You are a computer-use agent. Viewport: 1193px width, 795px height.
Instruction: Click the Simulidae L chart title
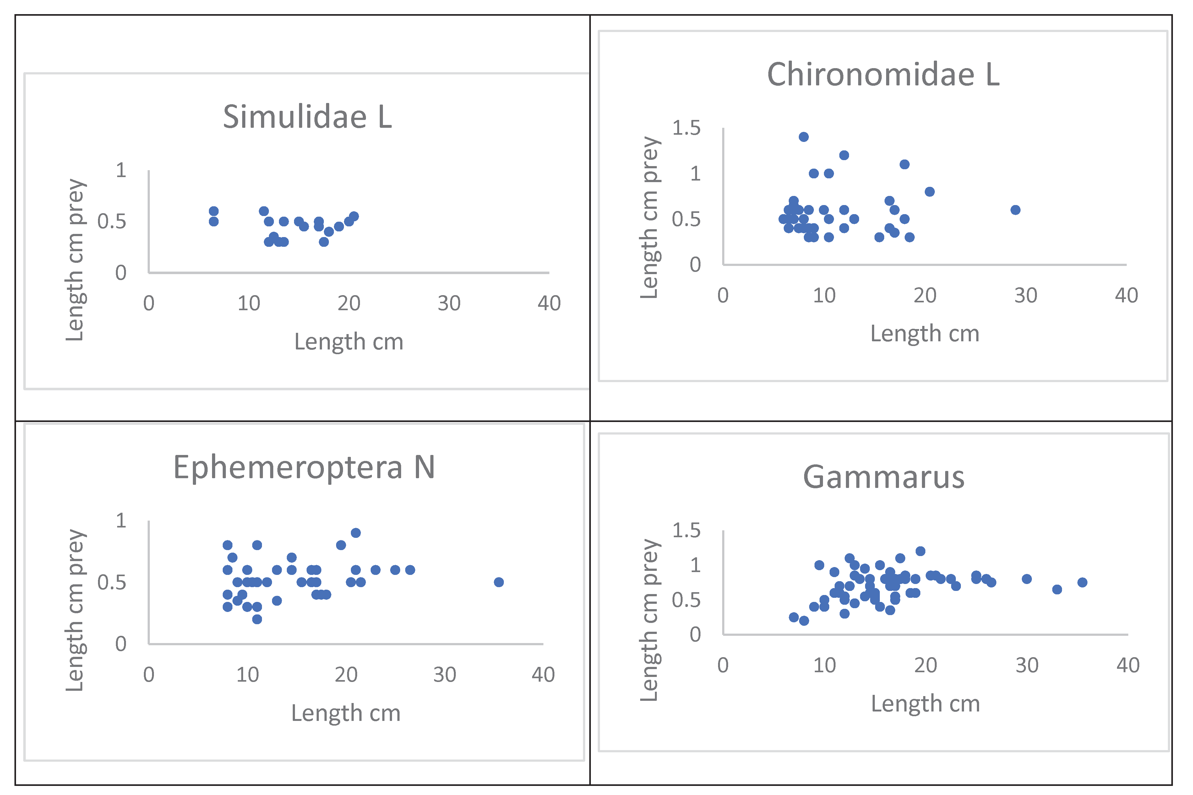(x=308, y=116)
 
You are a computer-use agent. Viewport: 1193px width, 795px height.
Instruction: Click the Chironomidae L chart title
(x=883, y=74)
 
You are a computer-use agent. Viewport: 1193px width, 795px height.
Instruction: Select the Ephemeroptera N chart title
(x=304, y=467)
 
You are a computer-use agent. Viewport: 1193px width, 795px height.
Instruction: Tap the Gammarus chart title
(x=884, y=477)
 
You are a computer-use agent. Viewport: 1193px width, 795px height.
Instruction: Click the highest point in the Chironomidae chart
(x=804, y=137)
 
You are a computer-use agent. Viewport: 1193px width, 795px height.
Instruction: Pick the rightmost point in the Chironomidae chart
(x=1015, y=210)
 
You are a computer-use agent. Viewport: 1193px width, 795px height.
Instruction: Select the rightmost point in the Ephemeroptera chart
(x=498, y=582)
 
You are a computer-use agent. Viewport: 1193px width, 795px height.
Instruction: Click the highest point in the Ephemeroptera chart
(x=356, y=533)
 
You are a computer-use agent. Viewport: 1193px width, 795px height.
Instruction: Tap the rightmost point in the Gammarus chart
(x=1082, y=582)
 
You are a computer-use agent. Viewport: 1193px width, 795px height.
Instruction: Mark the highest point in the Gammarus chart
(x=920, y=551)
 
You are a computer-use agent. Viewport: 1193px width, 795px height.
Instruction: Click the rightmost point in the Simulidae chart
(x=354, y=217)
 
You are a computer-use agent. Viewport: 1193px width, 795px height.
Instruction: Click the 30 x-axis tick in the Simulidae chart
(x=449, y=303)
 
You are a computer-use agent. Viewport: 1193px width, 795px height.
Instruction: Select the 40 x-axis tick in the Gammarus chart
(x=1128, y=665)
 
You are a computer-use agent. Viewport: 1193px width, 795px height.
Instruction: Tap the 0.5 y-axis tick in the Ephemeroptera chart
(x=112, y=582)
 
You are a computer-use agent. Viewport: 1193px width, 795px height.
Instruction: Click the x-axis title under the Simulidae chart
(x=349, y=342)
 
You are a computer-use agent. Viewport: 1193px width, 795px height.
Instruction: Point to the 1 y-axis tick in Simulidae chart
(x=121, y=170)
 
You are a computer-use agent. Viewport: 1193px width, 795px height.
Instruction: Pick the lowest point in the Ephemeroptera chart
(x=257, y=619)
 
